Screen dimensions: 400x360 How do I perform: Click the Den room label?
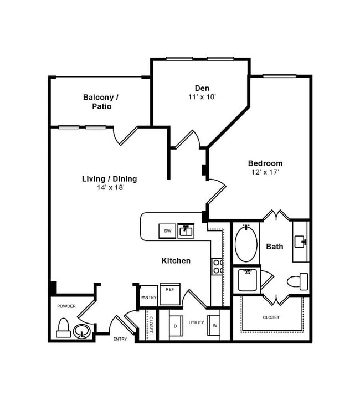(202, 88)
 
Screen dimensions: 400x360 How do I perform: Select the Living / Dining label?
(109, 178)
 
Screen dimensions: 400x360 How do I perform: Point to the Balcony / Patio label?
(100, 98)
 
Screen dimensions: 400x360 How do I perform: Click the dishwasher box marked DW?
(167, 230)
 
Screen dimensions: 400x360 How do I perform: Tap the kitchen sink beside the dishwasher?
(186, 230)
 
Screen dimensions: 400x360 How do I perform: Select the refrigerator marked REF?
(170, 293)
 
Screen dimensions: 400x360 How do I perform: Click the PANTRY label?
(148, 298)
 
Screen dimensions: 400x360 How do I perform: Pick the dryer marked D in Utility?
(175, 326)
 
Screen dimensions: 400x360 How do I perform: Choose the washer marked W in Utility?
(214, 326)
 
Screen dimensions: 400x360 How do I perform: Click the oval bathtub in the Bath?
(246, 243)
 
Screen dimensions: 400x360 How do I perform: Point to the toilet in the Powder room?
(63, 328)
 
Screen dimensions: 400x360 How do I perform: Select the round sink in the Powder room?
(82, 331)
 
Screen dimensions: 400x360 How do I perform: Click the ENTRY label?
(120, 339)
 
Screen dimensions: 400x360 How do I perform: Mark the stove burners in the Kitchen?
(217, 267)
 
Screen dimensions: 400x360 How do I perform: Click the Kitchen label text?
(176, 260)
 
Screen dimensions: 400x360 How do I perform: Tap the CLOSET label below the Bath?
(271, 317)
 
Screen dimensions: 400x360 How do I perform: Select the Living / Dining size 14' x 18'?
(109, 188)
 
